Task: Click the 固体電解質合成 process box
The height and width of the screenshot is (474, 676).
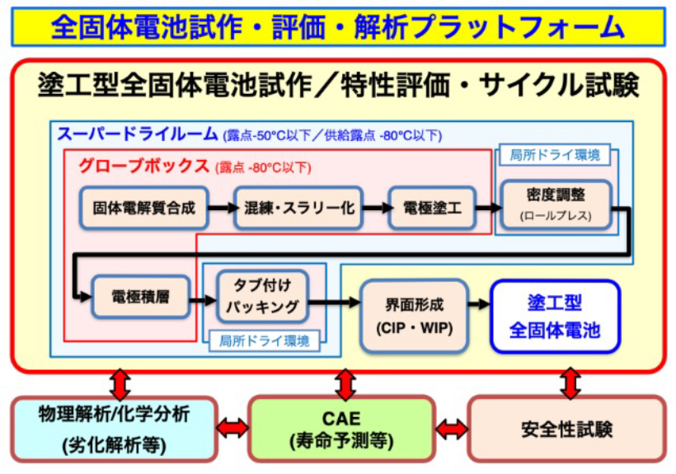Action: point(144,209)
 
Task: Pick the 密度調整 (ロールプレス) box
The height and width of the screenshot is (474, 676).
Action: point(556,205)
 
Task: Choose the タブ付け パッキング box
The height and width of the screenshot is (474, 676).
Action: point(262,297)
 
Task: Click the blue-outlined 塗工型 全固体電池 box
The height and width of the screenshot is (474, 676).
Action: point(554,316)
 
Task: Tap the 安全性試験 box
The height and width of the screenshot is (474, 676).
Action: point(566,428)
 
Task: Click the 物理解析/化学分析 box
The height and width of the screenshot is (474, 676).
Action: point(113,428)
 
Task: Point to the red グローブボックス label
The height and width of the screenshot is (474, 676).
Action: point(144,166)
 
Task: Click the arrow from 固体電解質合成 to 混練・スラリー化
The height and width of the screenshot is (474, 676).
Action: point(221,209)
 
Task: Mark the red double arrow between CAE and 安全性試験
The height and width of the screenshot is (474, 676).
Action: point(451,428)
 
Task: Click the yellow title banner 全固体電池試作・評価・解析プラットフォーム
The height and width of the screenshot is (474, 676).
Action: point(338,26)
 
